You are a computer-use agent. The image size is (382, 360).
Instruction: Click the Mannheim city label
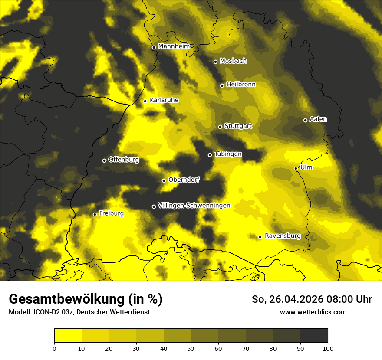point(174,46)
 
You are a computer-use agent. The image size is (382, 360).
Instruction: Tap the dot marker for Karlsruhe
point(145,101)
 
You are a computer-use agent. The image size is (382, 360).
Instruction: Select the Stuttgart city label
point(238,126)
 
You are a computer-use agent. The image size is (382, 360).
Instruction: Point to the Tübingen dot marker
point(210,155)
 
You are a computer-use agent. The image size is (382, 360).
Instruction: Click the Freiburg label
point(111,213)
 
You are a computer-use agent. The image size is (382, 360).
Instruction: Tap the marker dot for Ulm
point(296,168)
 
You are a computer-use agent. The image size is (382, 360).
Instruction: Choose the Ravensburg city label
point(283,236)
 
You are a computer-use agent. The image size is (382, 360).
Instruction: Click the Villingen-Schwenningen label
point(194,206)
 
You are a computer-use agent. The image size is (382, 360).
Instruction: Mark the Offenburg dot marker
point(104,160)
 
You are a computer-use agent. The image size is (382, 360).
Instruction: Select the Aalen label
point(318,119)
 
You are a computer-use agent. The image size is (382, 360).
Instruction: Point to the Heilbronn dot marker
point(222,85)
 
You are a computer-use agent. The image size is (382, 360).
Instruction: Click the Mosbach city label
point(233,61)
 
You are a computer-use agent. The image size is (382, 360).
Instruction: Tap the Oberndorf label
point(184,180)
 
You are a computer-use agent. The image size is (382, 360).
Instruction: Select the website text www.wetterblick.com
point(313,312)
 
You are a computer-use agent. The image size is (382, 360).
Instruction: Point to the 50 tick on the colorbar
point(191,348)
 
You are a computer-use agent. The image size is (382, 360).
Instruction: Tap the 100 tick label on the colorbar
point(328,348)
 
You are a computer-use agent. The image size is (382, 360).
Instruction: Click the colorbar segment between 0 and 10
point(68,336)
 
